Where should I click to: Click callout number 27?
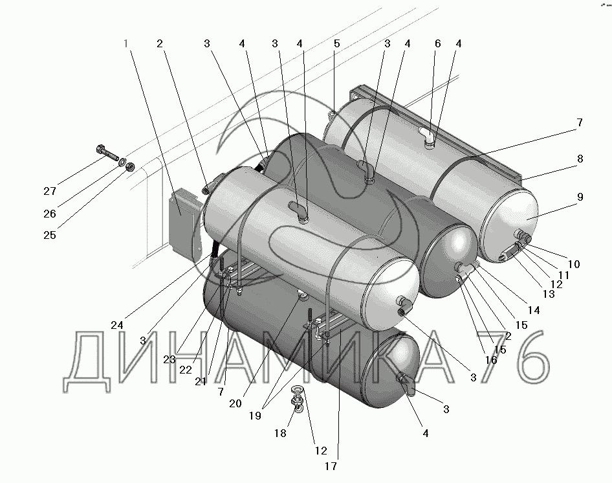point(50,191)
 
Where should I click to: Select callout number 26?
point(50,214)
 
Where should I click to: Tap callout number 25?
point(50,235)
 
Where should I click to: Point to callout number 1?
point(126,43)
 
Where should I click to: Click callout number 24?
point(117,325)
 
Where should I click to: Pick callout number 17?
point(331,466)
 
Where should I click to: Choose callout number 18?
point(280,433)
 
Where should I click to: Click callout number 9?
point(580,197)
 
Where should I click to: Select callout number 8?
point(580,159)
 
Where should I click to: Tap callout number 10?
point(574,264)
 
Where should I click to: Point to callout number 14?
point(534,310)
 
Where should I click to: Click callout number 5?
point(337,43)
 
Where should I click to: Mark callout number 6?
point(437,43)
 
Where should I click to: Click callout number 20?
point(235,403)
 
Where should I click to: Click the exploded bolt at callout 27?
point(107,153)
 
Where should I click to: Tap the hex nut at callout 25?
point(131,166)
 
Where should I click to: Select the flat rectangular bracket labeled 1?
point(182,223)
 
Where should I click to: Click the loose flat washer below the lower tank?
point(298,390)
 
